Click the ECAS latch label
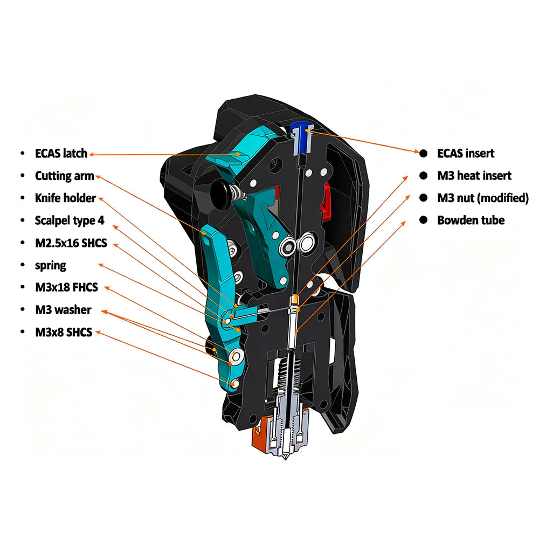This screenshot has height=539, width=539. [61, 153]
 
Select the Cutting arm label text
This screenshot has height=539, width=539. [64, 176]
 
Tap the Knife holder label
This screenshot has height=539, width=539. [65, 198]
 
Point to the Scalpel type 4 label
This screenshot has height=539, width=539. [70, 220]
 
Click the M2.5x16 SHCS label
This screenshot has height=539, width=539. [71, 243]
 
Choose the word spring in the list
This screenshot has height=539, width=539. [51, 265]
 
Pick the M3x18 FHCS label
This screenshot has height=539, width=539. [66, 287]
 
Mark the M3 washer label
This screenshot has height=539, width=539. [63, 309]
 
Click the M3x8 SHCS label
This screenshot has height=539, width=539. [64, 332]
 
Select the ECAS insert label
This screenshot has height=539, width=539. [465, 153]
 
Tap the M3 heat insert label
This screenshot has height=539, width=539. [474, 176]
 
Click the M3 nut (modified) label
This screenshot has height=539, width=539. [482, 198]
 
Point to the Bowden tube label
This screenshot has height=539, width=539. [471, 220]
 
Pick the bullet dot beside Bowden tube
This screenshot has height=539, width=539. [424, 220]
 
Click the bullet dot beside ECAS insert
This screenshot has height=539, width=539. [424, 153]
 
